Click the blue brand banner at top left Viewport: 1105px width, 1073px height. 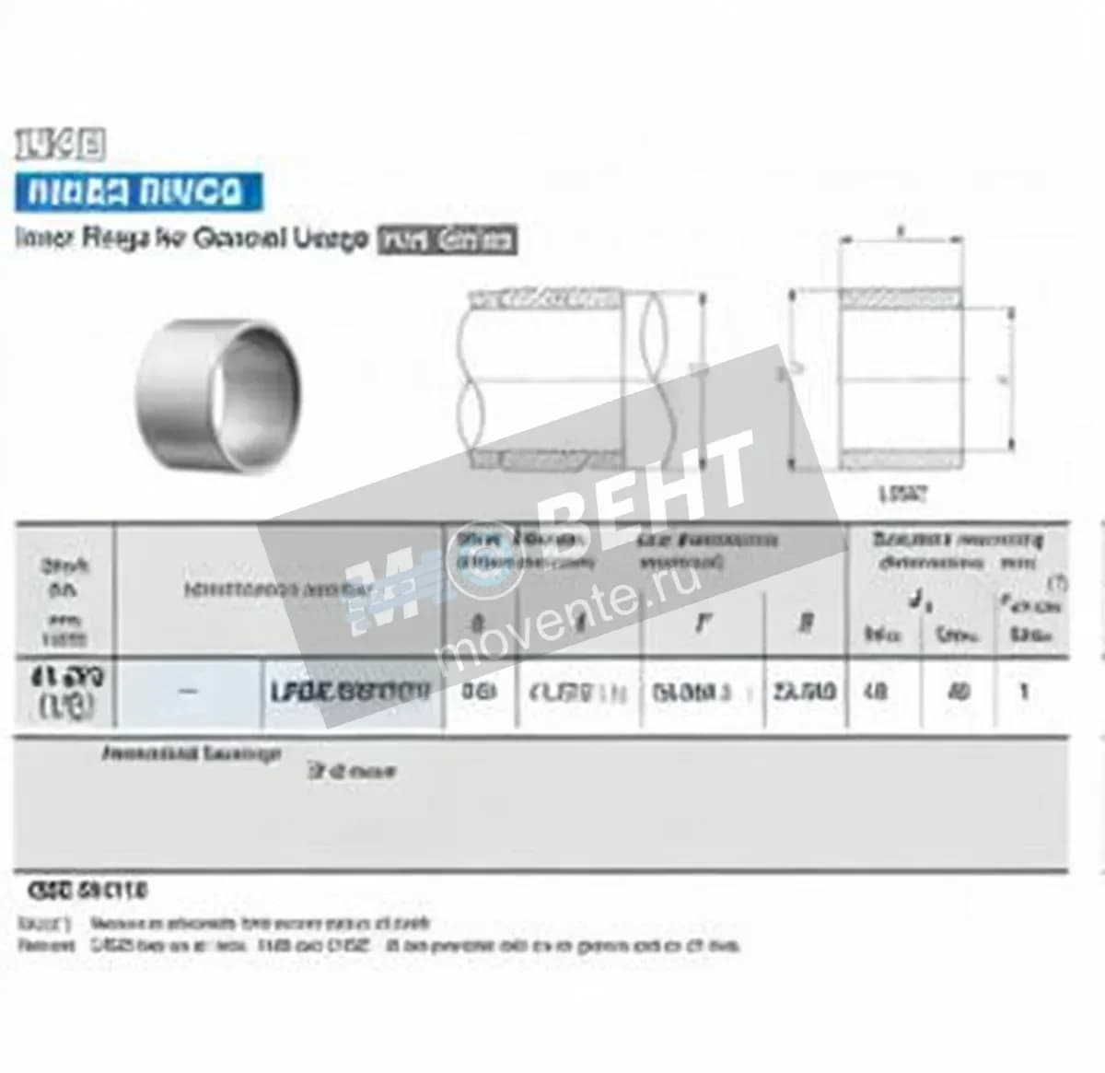click(138, 192)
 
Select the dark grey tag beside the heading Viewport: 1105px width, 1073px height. click(448, 240)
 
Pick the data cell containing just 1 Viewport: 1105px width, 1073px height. click(1023, 691)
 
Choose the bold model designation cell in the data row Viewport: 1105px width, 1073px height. click(350, 692)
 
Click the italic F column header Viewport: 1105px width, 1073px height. click(703, 624)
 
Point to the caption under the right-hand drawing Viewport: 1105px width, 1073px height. click(902, 495)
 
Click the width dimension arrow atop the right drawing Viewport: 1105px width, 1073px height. click(901, 242)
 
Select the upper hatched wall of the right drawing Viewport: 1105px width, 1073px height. click(901, 297)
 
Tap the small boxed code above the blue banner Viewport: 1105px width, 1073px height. click(60, 145)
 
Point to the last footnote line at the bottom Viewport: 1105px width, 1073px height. click(378, 946)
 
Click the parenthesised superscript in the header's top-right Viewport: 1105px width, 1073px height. click(1059, 583)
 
